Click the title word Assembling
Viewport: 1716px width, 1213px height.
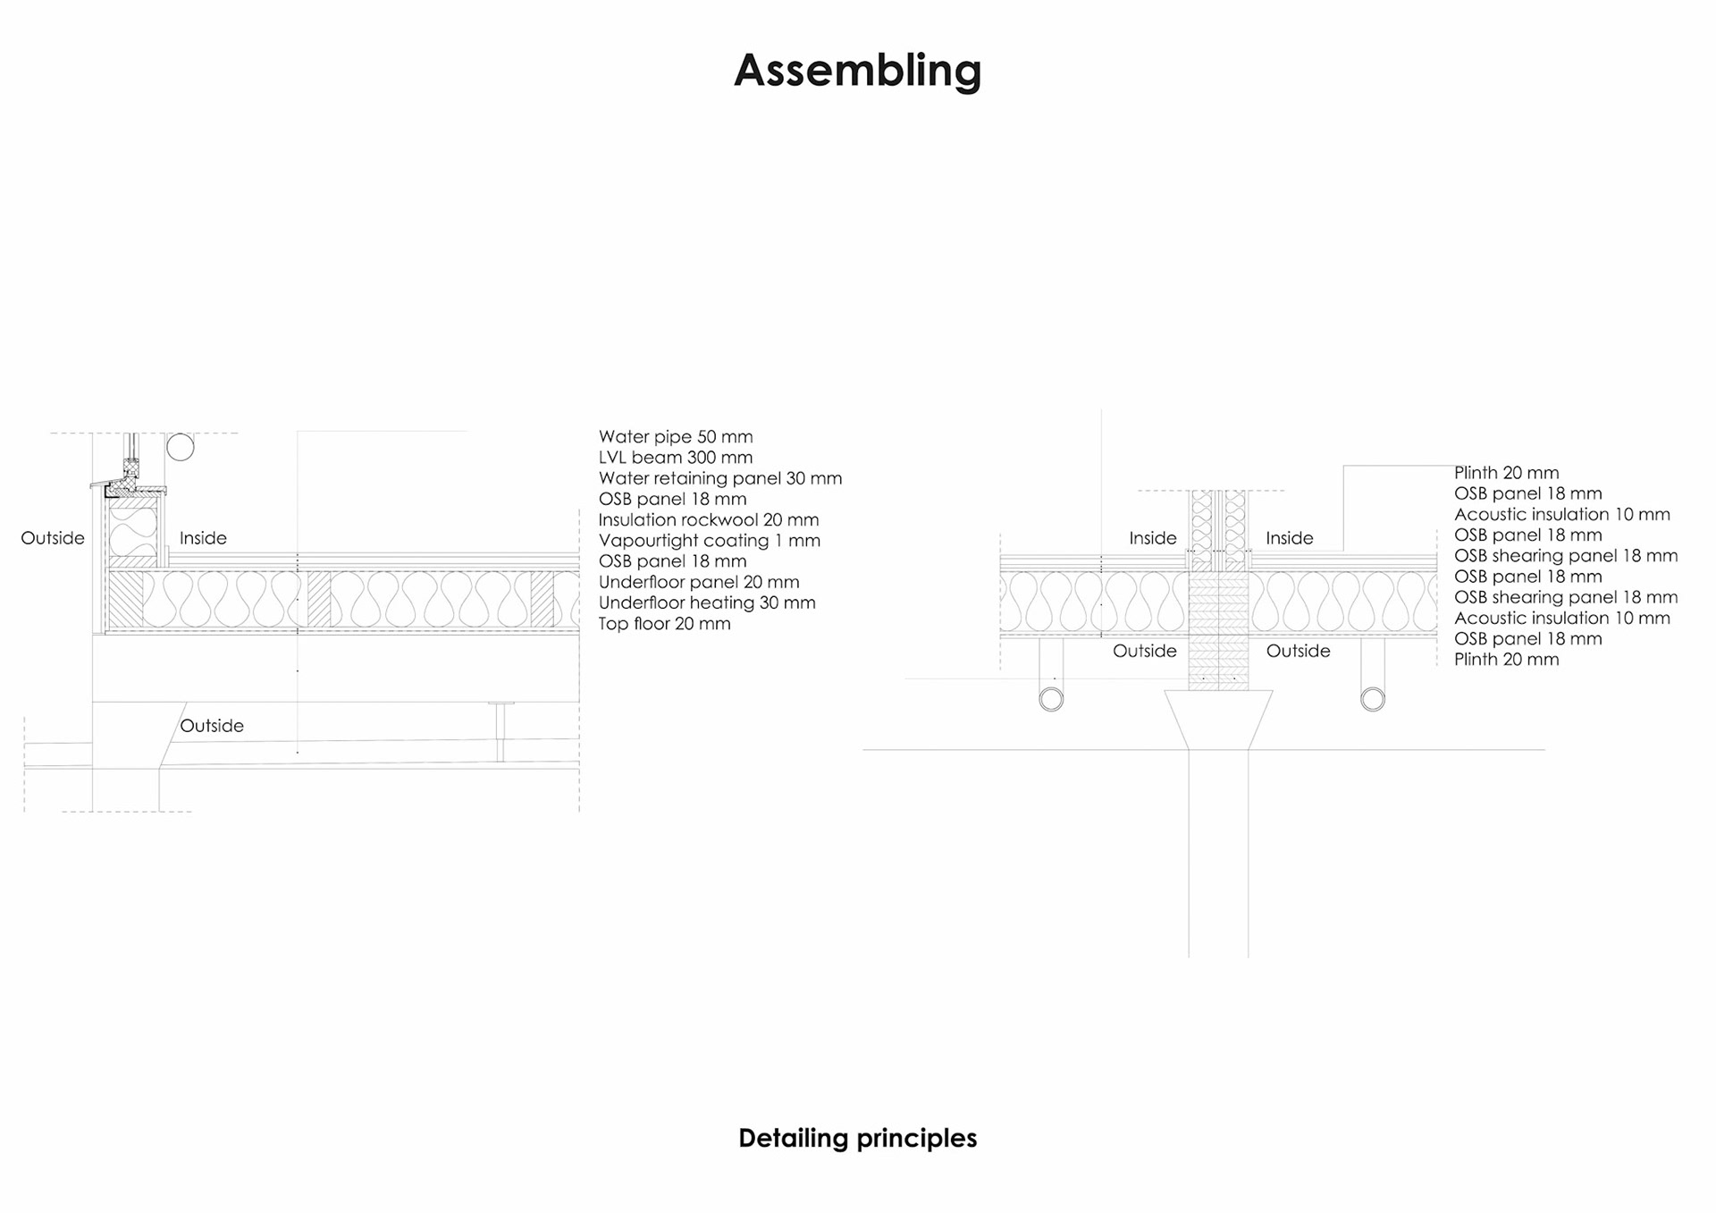coord(857,70)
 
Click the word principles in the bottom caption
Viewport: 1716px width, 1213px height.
coord(916,1138)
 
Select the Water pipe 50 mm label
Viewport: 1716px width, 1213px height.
coord(676,437)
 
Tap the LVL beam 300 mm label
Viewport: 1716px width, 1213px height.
coord(676,458)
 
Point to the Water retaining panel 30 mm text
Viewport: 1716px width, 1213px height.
coord(720,478)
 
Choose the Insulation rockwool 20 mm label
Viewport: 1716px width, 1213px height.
coord(709,520)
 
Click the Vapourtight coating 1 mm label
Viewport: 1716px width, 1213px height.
coord(710,541)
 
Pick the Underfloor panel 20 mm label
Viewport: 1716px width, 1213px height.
coord(699,582)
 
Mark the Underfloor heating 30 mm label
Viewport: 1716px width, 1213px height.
coord(707,603)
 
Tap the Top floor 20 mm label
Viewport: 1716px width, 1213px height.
coord(665,624)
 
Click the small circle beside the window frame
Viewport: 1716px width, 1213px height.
coord(181,447)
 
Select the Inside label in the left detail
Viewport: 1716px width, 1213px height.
coord(203,538)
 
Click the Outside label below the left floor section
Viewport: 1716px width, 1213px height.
coord(212,726)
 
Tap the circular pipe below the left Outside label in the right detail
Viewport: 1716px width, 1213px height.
coord(1051,699)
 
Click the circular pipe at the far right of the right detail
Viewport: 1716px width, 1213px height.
coord(1373,699)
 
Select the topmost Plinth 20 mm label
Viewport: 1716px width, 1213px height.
coord(1506,473)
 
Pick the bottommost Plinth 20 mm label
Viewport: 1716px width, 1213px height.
coord(1506,660)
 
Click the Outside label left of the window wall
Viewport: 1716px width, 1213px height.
coord(53,538)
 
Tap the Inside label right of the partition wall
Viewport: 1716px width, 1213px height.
coord(1289,538)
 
